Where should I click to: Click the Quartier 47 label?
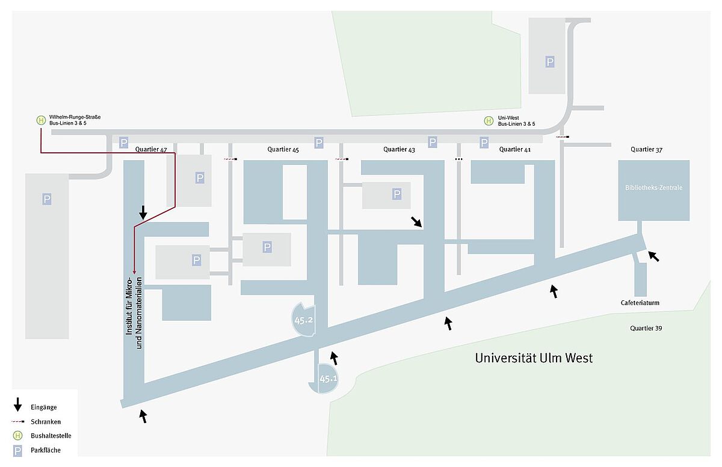(151, 149)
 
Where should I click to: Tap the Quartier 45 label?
(283, 149)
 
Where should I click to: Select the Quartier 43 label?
(399, 149)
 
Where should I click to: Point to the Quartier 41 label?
(515, 149)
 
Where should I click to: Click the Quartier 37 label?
(646, 149)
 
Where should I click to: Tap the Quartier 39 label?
(646, 328)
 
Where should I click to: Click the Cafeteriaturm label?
(640, 303)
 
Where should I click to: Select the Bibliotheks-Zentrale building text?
(653, 188)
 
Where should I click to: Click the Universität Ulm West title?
(534, 358)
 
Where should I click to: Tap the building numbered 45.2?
(304, 320)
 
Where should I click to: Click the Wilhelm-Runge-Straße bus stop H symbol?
(41, 120)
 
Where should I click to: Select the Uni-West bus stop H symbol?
(489, 121)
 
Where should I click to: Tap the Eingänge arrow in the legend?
(17, 405)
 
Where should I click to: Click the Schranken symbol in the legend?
(17, 421)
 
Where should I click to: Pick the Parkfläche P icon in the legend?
(17, 451)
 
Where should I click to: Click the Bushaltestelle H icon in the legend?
(17, 436)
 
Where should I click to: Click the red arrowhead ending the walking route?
(134, 273)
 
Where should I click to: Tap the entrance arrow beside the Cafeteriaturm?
(653, 256)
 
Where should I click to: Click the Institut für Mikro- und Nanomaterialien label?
(134, 313)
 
